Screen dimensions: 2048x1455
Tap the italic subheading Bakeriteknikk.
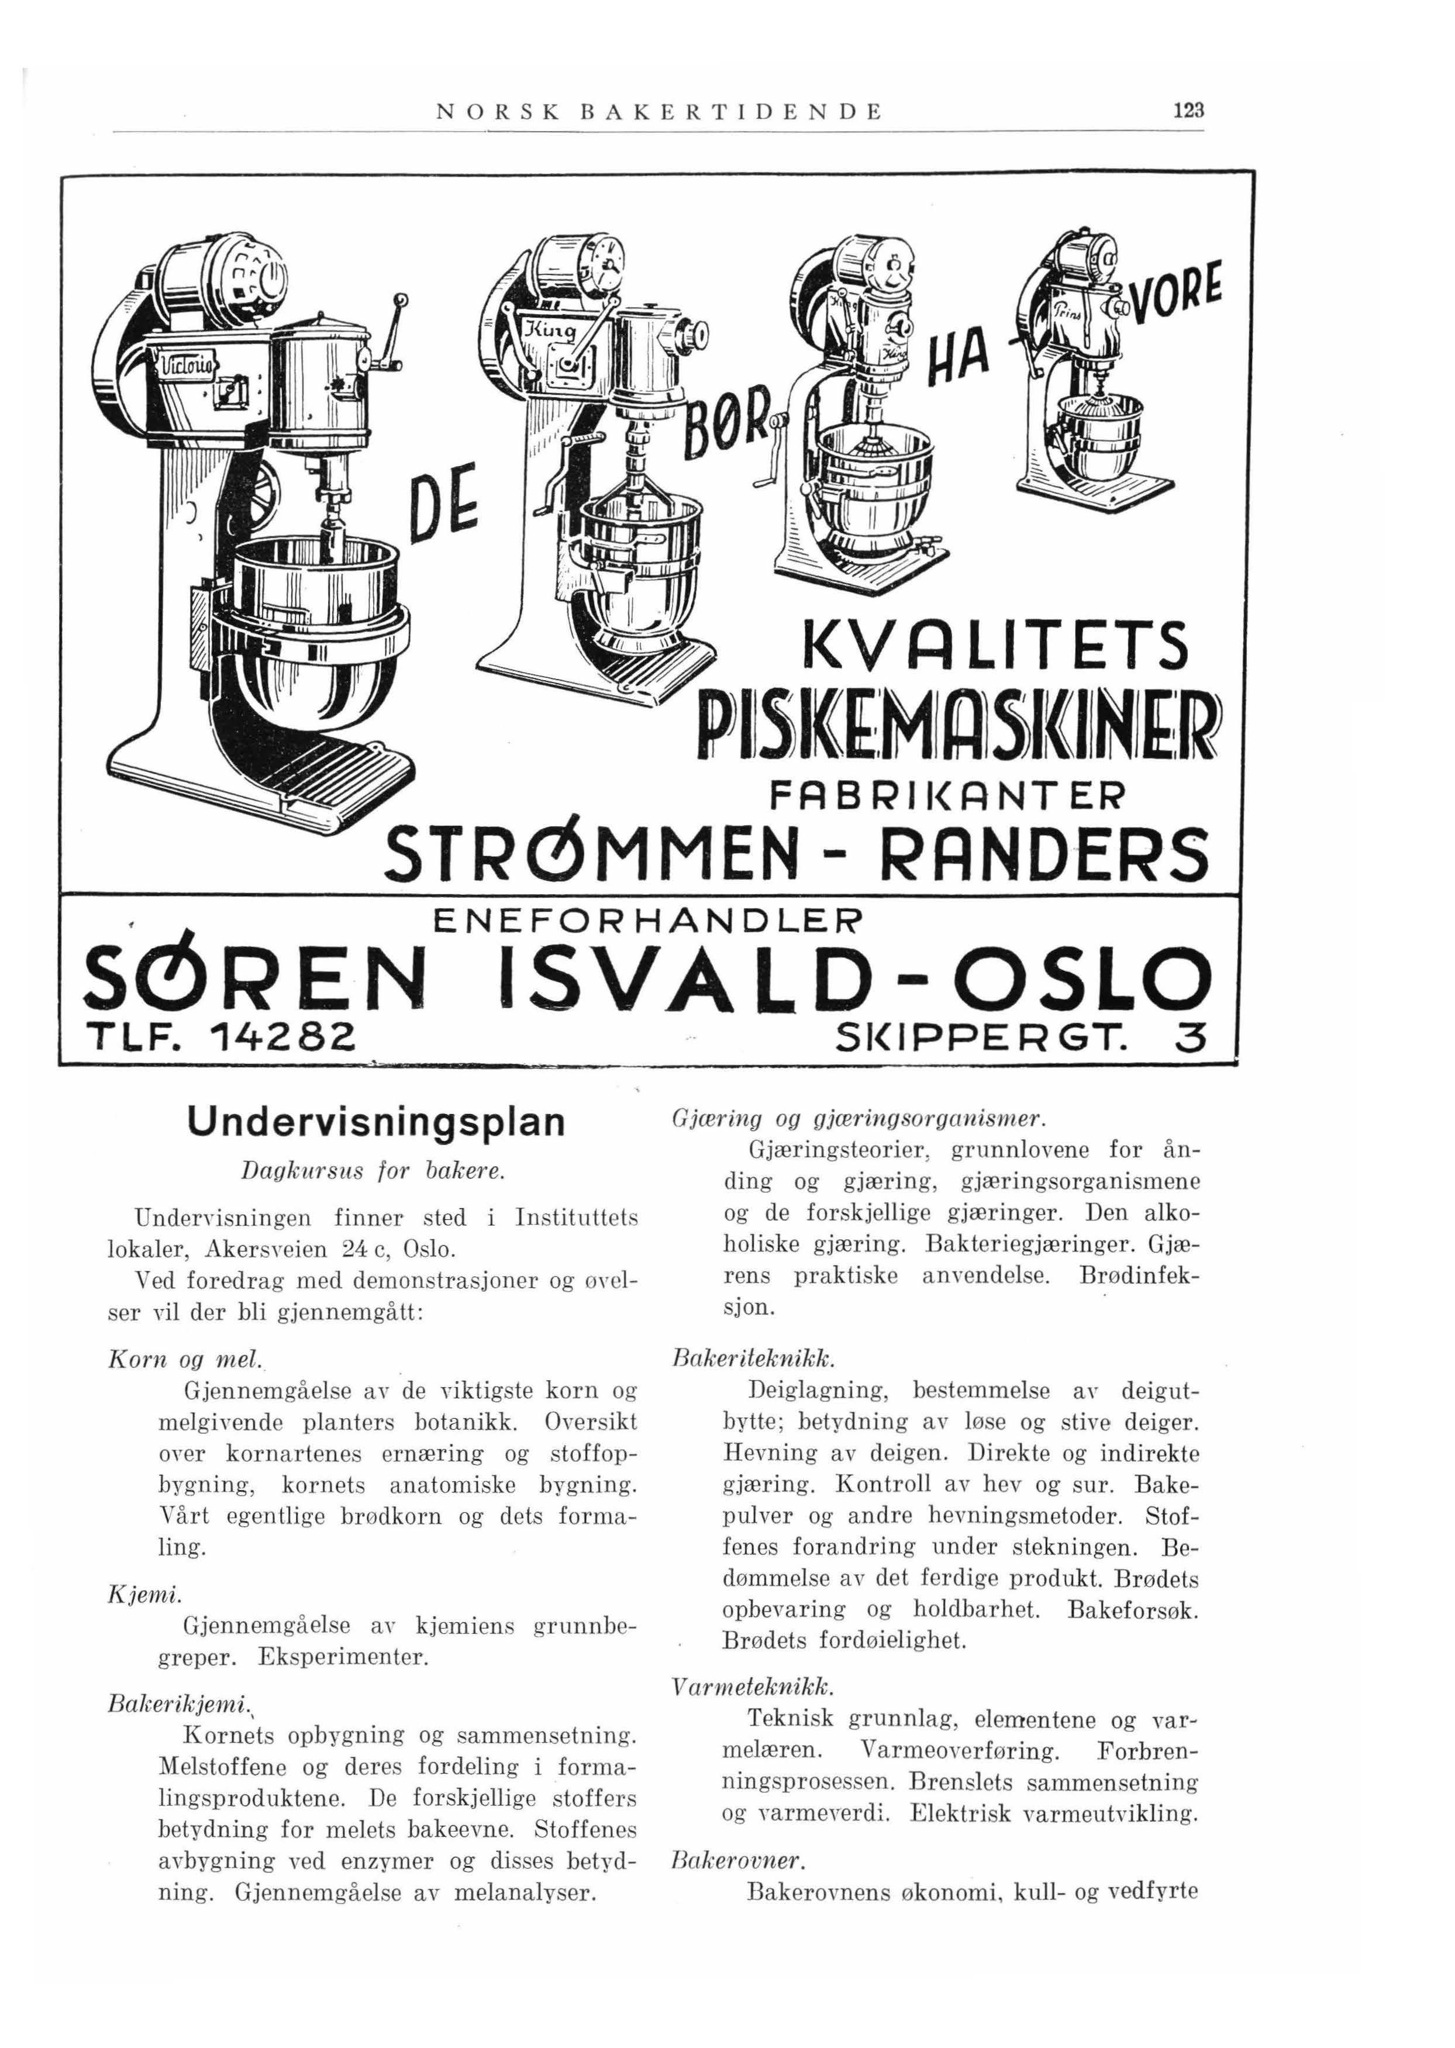click(753, 1360)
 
